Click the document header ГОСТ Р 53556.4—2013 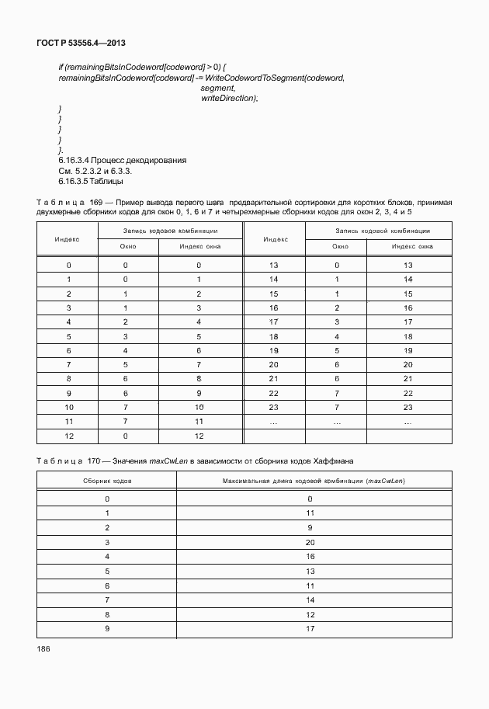(82, 43)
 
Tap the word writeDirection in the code (229, 99)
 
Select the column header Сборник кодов (107, 481)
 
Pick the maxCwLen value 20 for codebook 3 (310, 541)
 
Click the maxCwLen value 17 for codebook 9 (310, 627)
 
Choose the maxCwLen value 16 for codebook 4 (310, 556)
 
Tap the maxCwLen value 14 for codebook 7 (310, 599)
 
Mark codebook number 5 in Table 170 (107, 570)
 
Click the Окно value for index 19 (337, 350)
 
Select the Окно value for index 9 (125, 393)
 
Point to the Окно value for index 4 (125, 321)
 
